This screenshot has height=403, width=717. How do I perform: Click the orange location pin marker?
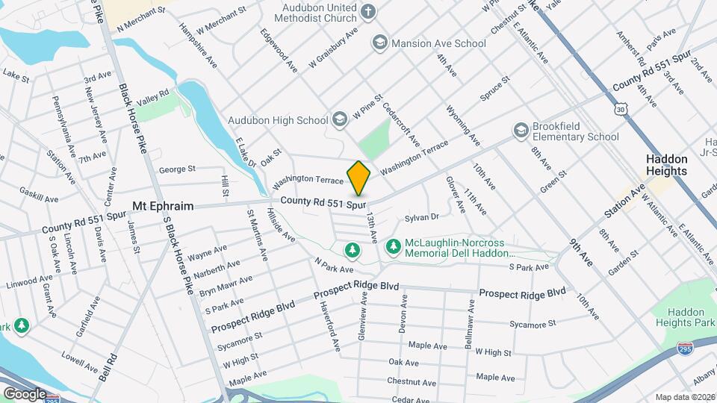[x=358, y=178]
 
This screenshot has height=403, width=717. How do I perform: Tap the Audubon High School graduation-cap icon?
[x=340, y=119]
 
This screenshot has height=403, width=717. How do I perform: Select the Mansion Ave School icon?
[x=380, y=43]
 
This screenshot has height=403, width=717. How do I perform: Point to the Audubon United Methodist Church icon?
[x=367, y=11]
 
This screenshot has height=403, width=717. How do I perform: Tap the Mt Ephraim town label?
[x=163, y=205]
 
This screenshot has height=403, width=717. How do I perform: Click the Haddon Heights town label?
[x=666, y=171]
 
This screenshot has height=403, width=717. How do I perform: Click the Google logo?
[x=25, y=393]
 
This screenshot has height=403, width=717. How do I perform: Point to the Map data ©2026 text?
[x=683, y=397]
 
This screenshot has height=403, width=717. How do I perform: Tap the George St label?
[x=177, y=169]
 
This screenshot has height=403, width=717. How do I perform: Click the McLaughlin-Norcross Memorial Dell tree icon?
[x=393, y=246]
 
